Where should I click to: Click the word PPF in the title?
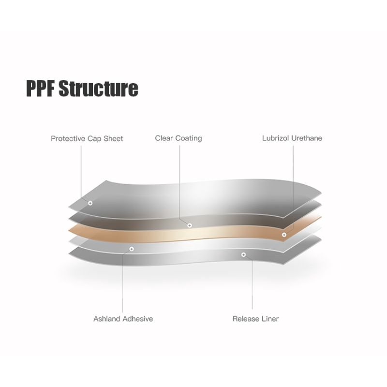pos(41,88)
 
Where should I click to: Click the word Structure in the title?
pos(99,88)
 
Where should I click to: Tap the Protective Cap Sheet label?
pos(87,139)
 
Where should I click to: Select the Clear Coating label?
pos(179,138)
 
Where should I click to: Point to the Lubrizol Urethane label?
pos(292,138)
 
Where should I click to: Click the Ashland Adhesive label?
pos(123,319)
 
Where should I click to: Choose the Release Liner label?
pos(255,319)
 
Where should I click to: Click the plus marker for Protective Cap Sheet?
pos(90,203)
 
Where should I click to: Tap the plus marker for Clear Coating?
pos(190,225)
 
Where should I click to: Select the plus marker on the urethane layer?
pos(284,235)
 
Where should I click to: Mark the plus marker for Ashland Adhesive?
pos(132,249)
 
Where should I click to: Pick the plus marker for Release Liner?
pos(244,255)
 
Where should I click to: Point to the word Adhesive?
pos(138,319)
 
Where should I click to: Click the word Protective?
pos(68,139)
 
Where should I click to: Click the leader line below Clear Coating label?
pos(179,183)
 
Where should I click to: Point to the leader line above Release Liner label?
pos(252,284)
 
